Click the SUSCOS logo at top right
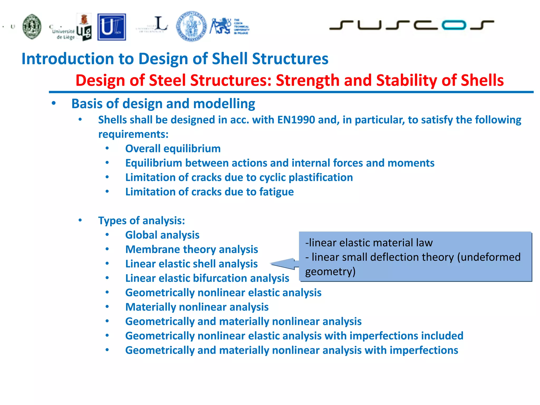coord(411,25)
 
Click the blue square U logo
coord(112,27)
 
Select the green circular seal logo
coord(32,27)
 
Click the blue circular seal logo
coord(191,26)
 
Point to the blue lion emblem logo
coord(220,26)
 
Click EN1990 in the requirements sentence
coord(296,120)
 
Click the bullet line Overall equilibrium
coord(173,149)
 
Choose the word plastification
coord(321,177)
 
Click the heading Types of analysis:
coord(142,221)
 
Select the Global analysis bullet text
coord(162,235)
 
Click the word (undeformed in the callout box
coord(489,257)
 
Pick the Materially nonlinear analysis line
coord(197,307)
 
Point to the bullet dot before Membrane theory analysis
coord(107,249)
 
